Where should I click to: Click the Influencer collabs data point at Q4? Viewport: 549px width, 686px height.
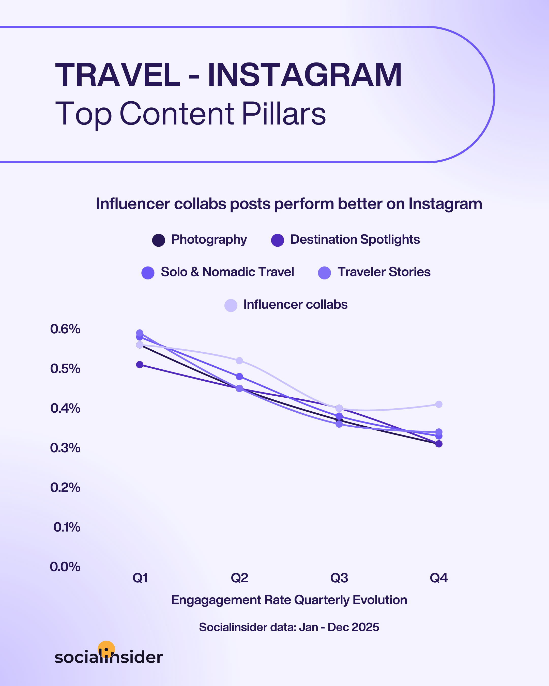(438, 404)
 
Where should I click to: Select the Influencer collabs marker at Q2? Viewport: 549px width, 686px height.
(239, 361)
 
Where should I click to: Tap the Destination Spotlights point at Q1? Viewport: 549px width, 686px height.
(140, 365)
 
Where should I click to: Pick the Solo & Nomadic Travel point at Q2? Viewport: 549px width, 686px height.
(239, 376)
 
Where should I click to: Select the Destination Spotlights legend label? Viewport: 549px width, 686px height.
(355, 240)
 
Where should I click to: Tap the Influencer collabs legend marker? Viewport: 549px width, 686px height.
(231, 305)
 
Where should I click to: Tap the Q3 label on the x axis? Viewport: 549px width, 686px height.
(339, 578)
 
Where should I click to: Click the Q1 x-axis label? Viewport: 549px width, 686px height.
(140, 578)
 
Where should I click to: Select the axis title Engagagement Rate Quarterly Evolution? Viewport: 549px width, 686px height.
(289, 600)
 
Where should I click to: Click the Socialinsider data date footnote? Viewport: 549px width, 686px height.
(289, 627)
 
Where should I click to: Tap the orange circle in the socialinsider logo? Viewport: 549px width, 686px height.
(106, 648)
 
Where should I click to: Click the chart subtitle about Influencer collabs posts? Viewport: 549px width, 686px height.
(289, 204)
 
